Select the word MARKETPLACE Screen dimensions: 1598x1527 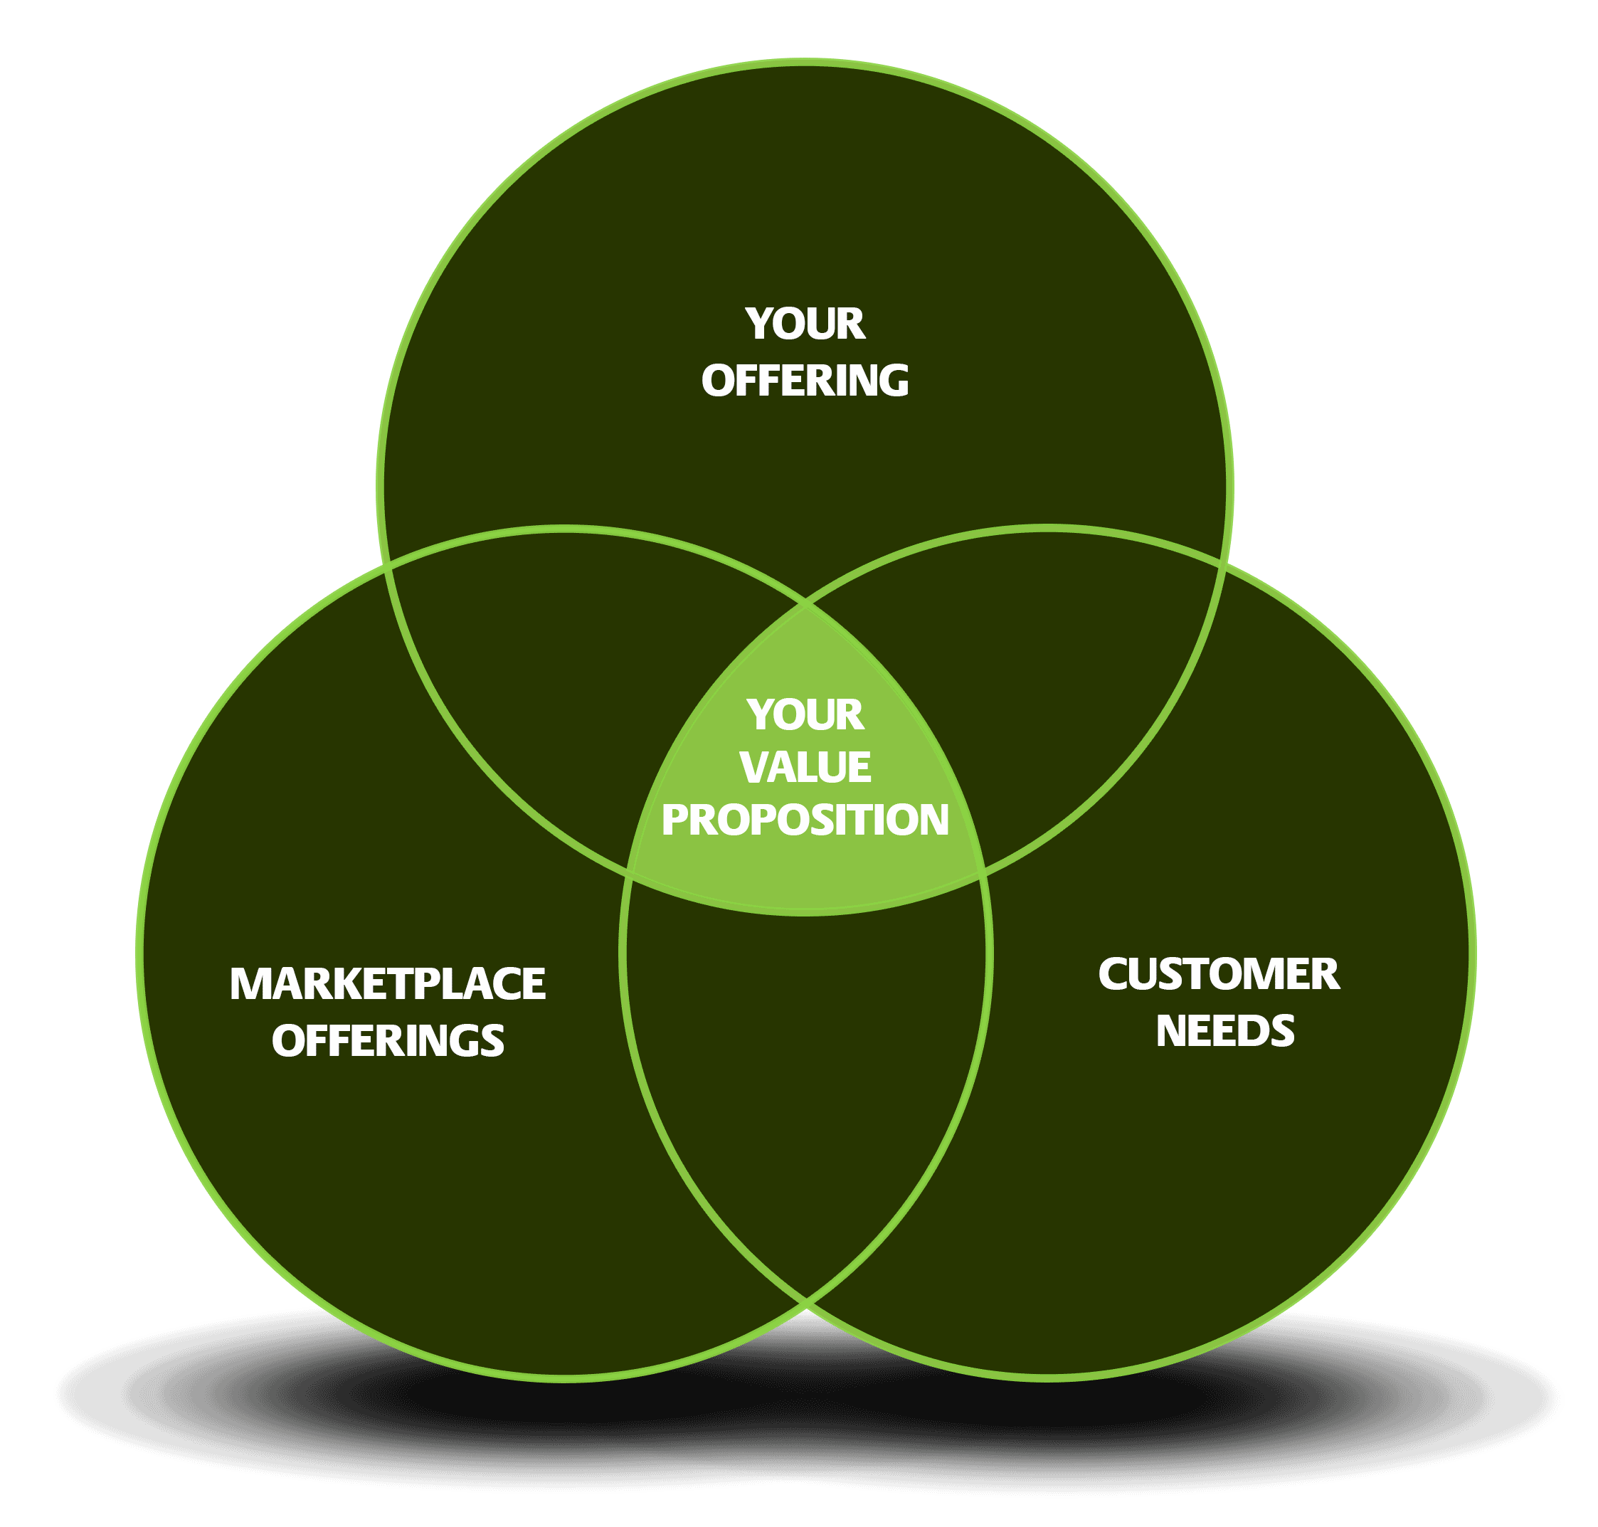388,984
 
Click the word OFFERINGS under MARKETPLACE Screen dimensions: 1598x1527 388,1041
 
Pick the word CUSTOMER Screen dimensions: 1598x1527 1218,974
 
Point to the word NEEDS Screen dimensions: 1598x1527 1225,1031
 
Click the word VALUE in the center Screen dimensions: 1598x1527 805,767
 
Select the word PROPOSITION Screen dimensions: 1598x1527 805,820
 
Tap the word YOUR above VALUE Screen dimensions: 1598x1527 805,714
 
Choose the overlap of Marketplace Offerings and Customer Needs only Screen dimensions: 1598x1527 806,1082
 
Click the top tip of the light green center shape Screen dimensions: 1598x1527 806,605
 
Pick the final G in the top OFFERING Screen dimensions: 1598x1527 892,381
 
